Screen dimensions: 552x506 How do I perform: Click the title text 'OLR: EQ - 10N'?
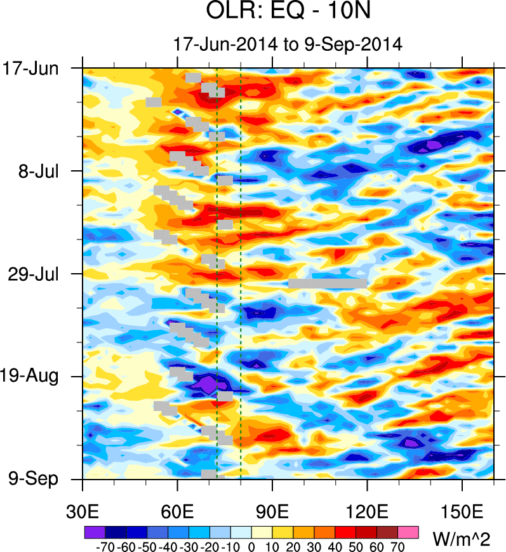tap(288, 12)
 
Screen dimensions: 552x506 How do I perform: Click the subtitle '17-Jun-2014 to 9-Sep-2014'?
tap(288, 44)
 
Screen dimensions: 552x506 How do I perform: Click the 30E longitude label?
tap(83, 511)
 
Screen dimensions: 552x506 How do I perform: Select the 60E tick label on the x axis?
tap(177, 511)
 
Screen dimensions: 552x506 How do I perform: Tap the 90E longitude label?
tap(272, 511)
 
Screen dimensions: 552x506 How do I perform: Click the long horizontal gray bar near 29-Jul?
tap(328, 283)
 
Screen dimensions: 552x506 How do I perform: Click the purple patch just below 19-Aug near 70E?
tap(207, 385)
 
